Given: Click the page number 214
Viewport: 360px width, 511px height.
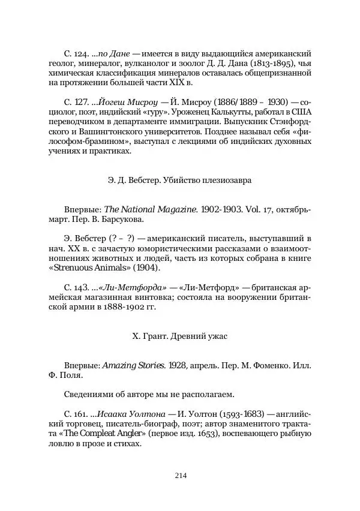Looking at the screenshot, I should tap(180, 476).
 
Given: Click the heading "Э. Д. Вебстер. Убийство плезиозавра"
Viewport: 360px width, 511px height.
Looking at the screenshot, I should tap(179, 179).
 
